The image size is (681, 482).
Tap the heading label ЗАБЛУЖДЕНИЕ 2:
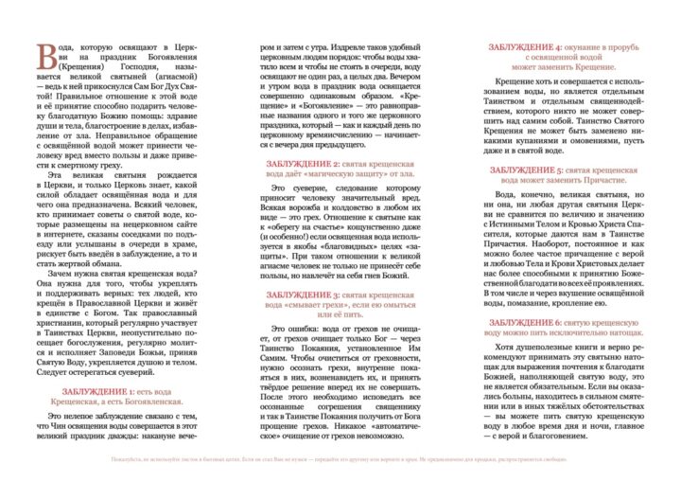pyautogui.click(x=301, y=164)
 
